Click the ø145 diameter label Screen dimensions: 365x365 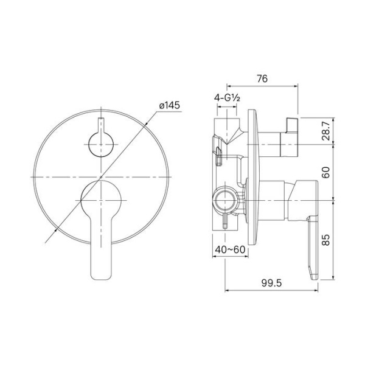click(169, 106)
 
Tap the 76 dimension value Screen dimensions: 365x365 click(262, 78)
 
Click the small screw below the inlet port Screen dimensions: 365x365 click(226, 221)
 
